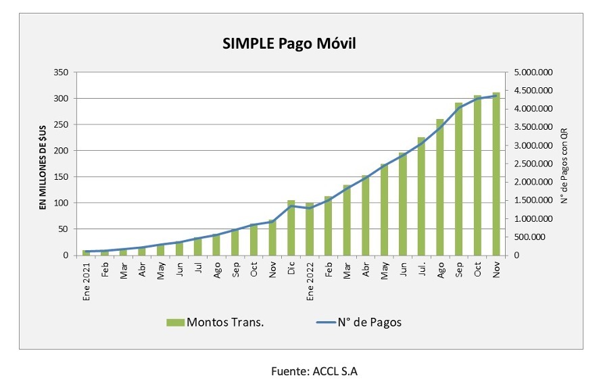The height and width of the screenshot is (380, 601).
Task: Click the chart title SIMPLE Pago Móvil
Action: (x=289, y=44)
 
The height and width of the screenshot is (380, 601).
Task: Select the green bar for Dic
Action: (x=291, y=228)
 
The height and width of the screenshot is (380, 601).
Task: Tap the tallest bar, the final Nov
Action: (x=496, y=174)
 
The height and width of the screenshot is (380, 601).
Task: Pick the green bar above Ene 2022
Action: (x=310, y=229)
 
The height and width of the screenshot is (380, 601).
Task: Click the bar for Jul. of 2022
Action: (x=421, y=196)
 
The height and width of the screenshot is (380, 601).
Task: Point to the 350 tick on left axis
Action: (x=62, y=72)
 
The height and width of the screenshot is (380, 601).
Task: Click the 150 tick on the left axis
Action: (x=62, y=177)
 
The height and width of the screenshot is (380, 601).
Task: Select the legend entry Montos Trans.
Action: (x=215, y=322)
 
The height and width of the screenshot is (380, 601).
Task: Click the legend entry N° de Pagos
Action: (x=359, y=322)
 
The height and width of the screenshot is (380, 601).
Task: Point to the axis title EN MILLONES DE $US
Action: (x=42, y=163)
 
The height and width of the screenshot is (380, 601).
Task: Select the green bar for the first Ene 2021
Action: (x=87, y=253)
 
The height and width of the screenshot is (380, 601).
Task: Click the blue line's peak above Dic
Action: (x=291, y=206)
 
